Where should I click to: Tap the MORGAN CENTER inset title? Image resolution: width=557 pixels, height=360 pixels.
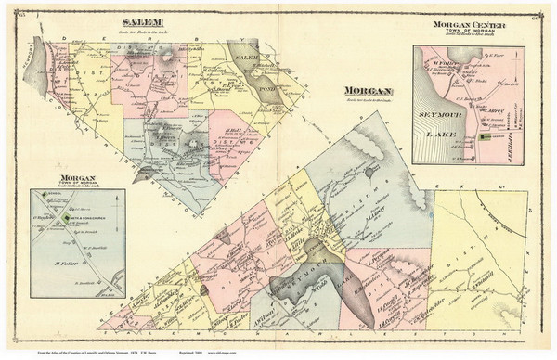click(469, 24)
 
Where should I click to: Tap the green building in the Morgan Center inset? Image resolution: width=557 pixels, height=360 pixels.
click(486, 136)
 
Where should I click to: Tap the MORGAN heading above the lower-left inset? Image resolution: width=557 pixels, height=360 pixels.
click(77, 176)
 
